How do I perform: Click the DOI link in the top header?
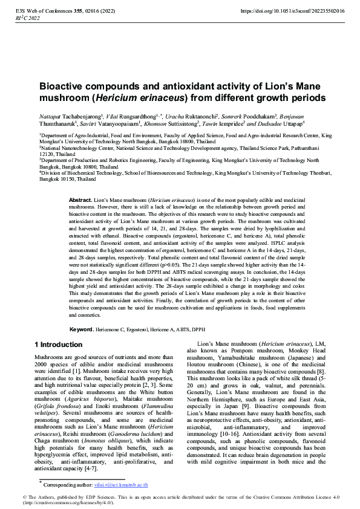[x=292, y=11]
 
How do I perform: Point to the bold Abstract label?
[x=80, y=199]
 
